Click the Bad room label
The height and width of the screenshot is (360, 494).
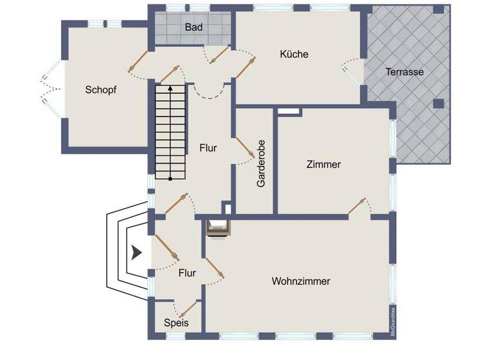(x=194, y=28)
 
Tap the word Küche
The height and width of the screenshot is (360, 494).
(x=294, y=54)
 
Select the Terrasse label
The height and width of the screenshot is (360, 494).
(x=405, y=72)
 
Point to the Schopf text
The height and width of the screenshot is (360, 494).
(x=101, y=90)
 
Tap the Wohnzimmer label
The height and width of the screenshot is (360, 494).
(x=301, y=282)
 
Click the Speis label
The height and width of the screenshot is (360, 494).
(x=176, y=323)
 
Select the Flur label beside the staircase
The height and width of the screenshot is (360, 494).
(x=208, y=148)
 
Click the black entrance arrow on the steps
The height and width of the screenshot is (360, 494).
(x=136, y=253)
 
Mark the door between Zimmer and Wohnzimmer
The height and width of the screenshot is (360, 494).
(x=358, y=206)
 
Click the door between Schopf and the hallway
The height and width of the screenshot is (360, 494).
(x=137, y=61)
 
